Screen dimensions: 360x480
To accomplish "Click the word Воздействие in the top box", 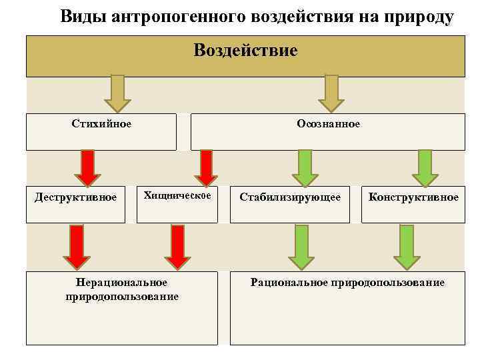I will point(245,51).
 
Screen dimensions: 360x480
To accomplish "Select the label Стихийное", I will point(101,123).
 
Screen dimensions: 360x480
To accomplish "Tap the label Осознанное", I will point(328,123).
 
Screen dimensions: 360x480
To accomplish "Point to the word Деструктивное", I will point(75,197).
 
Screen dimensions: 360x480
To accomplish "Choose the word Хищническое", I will point(177,195).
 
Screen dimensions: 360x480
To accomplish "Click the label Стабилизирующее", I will point(290,197).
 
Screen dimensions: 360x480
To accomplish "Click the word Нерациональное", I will point(122,283).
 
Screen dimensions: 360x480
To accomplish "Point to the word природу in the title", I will point(417,17).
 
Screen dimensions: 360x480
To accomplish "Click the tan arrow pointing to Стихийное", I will point(117,93).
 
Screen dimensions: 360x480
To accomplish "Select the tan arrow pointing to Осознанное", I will point(331,93).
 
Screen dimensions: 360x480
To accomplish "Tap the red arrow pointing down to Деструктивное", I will point(87,167).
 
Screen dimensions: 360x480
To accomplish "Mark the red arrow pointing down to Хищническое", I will point(206,167).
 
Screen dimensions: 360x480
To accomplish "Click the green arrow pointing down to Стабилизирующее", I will point(305,167).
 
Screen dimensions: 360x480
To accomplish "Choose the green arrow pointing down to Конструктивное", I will point(425,167).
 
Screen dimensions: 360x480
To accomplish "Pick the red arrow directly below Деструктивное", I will point(77,246).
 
